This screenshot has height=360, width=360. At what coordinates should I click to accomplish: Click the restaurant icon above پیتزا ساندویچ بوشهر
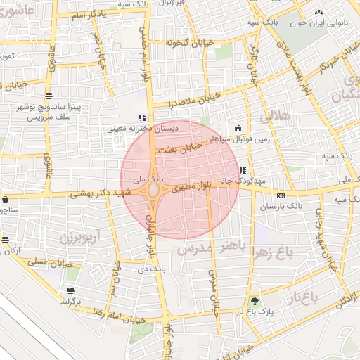48,96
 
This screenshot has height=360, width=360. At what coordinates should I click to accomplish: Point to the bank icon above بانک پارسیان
281,195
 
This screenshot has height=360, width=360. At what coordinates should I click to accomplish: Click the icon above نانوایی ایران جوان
319,12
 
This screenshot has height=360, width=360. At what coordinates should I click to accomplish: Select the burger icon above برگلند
70,290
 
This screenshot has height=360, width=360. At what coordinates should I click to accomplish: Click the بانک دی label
151,268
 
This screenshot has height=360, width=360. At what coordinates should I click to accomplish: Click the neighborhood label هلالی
274,117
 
